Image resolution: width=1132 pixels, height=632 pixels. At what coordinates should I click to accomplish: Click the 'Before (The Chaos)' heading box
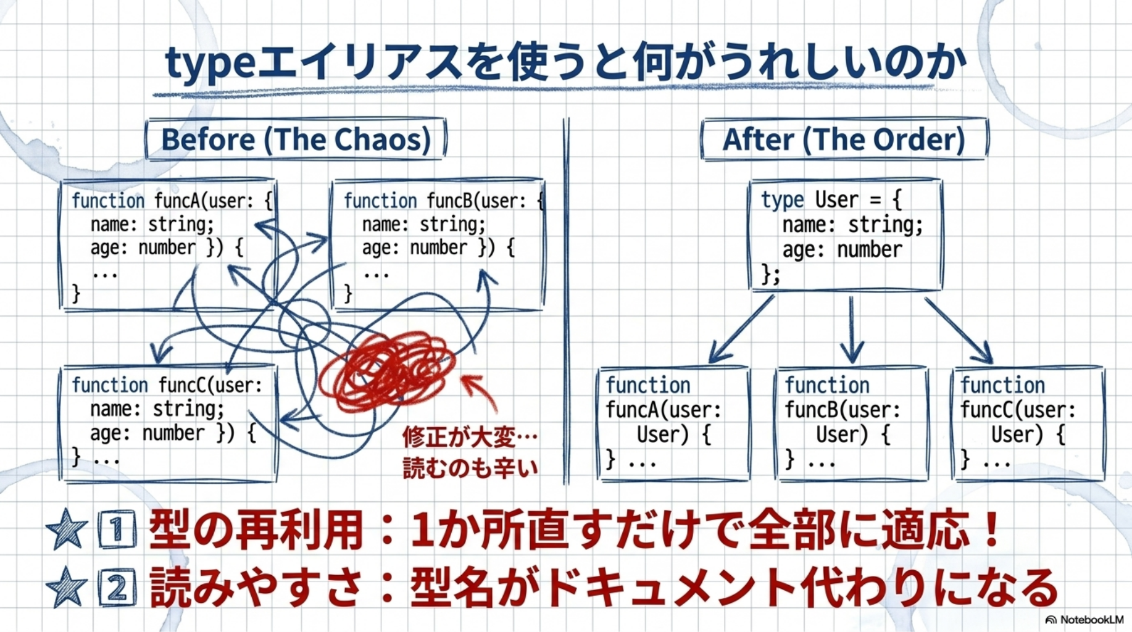pyautogui.click(x=296, y=139)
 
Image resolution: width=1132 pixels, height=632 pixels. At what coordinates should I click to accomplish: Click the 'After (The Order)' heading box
pyautogui.click(x=844, y=139)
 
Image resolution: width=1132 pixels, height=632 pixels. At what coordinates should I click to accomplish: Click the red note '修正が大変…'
pyautogui.click(x=469, y=437)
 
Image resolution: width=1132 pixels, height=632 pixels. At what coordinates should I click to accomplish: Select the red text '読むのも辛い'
pyautogui.click(x=469, y=468)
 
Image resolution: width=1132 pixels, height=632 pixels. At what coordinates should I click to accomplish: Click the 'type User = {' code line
pyautogui.click(x=831, y=200)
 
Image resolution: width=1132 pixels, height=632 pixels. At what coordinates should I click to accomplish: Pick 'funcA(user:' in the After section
pyautogui.click(x=663, y=410)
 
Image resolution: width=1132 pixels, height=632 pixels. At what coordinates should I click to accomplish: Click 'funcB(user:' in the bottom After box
pyautogui.click(x=842, y=410)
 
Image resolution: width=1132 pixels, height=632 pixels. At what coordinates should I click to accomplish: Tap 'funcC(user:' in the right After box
pyautogui.click(x=1018, y=410)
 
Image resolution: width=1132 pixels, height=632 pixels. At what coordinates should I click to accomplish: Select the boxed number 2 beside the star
pyautogui.click(x=117, y=588)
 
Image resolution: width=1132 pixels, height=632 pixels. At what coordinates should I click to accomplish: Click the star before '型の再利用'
pyautogui.click(x=66, y=530)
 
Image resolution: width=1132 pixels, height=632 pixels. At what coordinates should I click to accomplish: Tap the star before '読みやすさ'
pyautogui.click(x=66, y=586)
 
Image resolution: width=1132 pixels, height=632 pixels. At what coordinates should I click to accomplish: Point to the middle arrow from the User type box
pyautogui.click(x=852, y=330)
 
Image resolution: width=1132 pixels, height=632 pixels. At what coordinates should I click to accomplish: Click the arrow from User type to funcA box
pyautogui.click(x=741, y=330)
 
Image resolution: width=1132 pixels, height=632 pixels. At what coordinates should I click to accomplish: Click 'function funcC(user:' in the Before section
pyautogui.click(x=167, y=385)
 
